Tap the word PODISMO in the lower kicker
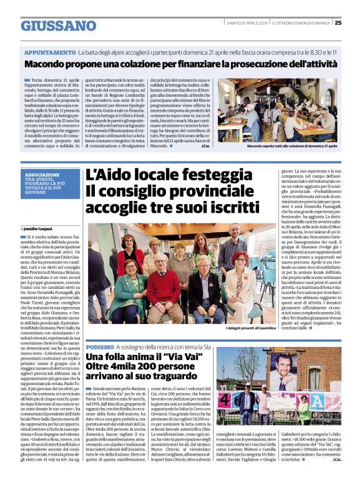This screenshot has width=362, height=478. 100,346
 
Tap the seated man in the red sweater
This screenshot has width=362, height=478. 164,287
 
